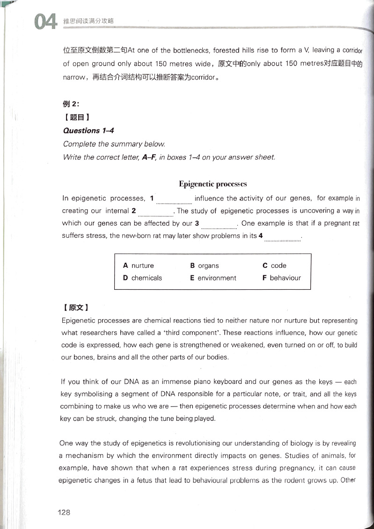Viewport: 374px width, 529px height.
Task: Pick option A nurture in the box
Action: [x=139, y=265]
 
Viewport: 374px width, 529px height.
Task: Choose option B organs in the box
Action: [x=205, y=265]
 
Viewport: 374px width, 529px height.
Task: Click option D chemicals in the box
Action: [x=142, y=278]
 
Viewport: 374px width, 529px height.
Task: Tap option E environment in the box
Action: [x=213, y=278]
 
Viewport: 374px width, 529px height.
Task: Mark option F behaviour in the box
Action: [x=281, y=278]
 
